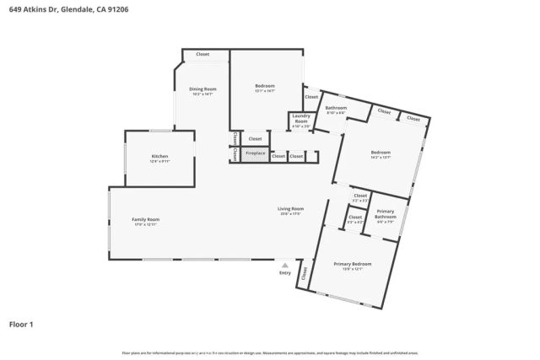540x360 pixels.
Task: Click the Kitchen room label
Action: click(159, 157)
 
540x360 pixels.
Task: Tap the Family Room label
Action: click(145, 219)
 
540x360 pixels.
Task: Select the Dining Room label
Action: click(202, 89)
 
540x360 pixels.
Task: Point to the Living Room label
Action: click(291, 208)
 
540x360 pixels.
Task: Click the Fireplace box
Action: click(255, 153)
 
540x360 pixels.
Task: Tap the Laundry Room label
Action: click(301, 120)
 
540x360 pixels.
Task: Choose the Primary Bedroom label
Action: click(353, 264)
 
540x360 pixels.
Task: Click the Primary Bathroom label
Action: click(386, 214)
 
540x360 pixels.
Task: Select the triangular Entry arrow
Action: click(285, 264)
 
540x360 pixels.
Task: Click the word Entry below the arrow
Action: click(285, 272)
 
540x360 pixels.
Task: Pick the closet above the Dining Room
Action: click(202, 54)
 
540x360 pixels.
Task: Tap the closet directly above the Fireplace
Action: click(255, 138)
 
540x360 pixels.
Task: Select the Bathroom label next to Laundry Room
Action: click(336, 108)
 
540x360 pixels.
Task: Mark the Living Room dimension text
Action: click(291, 213)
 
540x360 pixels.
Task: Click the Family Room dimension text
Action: click(145, 224)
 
